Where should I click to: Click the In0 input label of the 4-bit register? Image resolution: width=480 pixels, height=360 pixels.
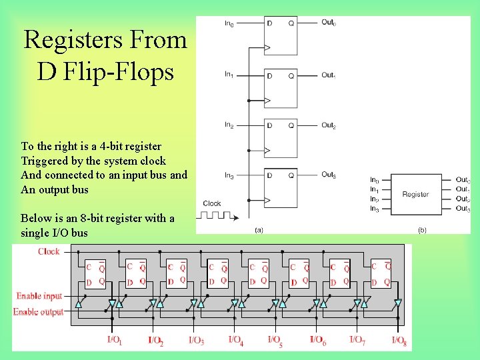(229, 24)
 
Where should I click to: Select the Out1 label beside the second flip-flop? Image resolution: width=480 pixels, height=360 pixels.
(328, 75)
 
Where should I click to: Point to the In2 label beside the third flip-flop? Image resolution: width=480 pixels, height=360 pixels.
(229, 125)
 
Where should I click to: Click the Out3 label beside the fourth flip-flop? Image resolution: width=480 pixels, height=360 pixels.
(328, 175)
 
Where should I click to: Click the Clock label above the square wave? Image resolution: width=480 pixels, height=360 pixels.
(212, 203)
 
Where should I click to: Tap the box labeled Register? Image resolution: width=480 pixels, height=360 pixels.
(415, 194)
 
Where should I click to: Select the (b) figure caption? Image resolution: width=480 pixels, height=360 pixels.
(422, 230)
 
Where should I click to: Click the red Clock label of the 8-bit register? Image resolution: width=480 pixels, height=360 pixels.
(49, 252)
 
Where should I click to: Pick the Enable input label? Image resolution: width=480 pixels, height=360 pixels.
(39, 296)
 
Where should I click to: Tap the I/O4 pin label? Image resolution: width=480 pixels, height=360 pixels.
(236, 341)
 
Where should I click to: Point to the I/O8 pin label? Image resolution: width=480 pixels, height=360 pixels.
(399, 341)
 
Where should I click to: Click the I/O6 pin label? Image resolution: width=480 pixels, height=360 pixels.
(318, 341)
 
